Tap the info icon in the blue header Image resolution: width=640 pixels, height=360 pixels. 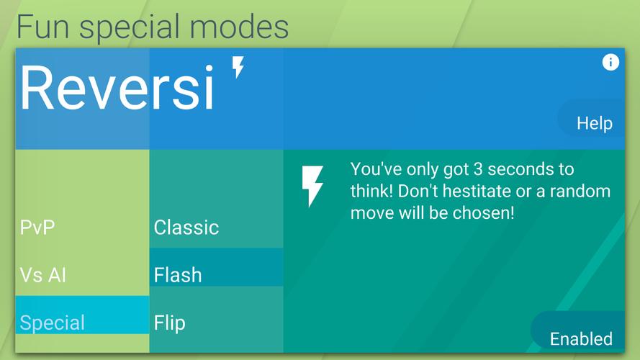coord(610,62)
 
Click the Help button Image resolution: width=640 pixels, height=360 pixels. coord(594,123)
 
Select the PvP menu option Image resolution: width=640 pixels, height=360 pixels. coord(37,227)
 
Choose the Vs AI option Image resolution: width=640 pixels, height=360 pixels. coord(43,275)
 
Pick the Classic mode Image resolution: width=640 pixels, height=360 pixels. coord(186,228)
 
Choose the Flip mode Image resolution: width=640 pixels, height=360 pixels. coord(169,323)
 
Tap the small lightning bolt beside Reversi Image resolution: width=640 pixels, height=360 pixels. coord(238,66)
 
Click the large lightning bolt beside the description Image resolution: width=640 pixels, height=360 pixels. coord(312,186)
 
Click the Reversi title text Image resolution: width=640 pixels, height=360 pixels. coord(117,88)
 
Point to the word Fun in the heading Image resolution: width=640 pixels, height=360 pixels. coord(43,27)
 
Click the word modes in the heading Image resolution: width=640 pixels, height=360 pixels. coord(239,27)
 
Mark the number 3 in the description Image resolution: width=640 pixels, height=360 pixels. coord(477,169)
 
